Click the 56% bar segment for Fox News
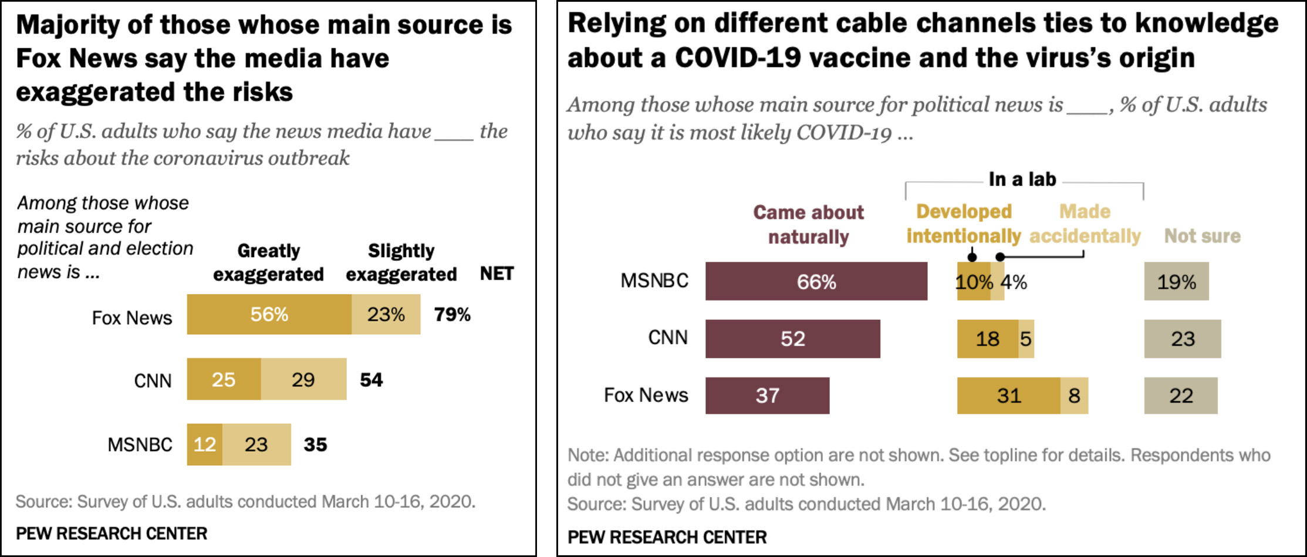point(269,315)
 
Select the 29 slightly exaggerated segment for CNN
point(303,380)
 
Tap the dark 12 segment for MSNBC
point(204,444)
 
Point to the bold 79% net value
point(452,315)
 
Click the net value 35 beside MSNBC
point(315,444)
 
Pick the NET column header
point(497,274)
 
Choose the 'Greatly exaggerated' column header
point(268,262)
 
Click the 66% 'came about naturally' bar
point(816,282)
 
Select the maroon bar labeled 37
point(767,396)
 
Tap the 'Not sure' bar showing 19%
point(1176,282)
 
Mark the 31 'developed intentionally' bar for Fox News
point(1008,396)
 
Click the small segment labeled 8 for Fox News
point(1074,396)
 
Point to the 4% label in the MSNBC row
point(1014,282)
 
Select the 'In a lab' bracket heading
point(1022,179)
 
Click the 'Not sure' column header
point(1202,236)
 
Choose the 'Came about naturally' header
point(808,224)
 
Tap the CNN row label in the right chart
point(667,337)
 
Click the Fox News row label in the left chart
point(131,318)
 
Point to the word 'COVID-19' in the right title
point(738,58)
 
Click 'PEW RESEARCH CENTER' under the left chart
point(112,534)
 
